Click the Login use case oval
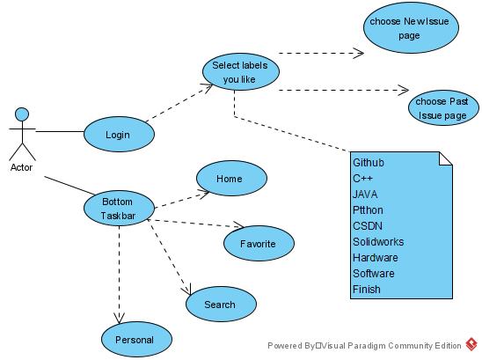tap(119, 134)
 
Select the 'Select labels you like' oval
tap(241, 71)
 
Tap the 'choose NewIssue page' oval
tap(411, 27)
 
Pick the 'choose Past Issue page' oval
tap(443, 107)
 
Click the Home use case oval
tap(231, 178)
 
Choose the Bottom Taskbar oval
tap(119, 208)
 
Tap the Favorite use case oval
tap(259, 244)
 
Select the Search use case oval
tap(221, 304)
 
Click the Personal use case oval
tap(136, 340)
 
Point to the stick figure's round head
tap(22, 114)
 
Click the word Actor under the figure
tap(21, 167)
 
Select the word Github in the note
tap(369, 163)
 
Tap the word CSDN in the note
tap(368, 226)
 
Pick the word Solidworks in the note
tap(378, 242)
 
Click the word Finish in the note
tap(367, 290)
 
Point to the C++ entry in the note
tap(362, 179)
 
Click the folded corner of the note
tap(446, 158)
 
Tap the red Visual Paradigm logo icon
tap(471, 344)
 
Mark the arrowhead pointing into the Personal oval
tap(119, 318)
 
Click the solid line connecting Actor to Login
tap(60, 132)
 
